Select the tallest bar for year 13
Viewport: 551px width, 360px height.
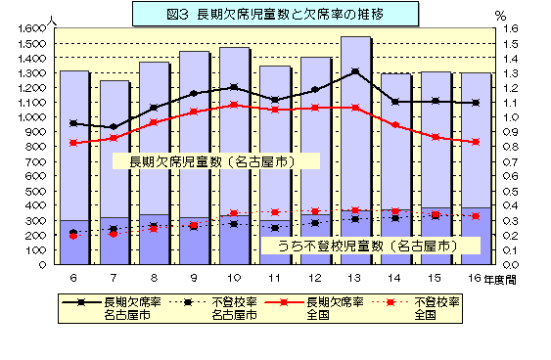[355, 147]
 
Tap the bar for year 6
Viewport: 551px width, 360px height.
[73, 166]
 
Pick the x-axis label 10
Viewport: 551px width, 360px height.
[234, 279]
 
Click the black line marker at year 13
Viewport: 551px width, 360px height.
[355, 71]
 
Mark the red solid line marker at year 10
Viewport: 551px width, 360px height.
[234, 105]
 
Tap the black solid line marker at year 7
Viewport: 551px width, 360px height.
[114, 127]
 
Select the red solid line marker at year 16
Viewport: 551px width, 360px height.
[476, 142]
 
